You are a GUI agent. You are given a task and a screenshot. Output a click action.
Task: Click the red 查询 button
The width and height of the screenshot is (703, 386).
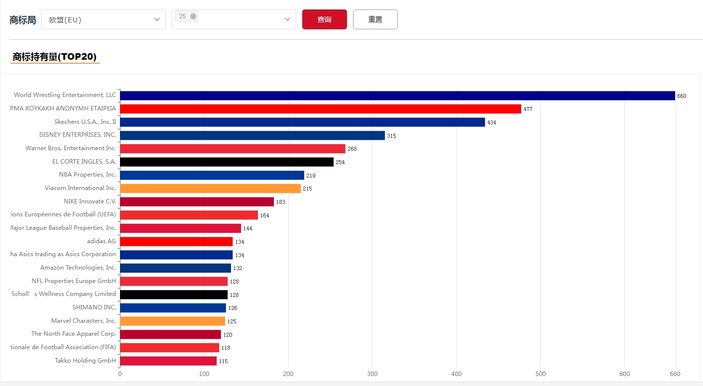click(324, 19)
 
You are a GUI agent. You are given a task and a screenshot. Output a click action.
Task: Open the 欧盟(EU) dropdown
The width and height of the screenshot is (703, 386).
click(103, 19)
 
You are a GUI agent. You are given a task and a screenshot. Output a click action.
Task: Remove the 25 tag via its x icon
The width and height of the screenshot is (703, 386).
click(193, 16)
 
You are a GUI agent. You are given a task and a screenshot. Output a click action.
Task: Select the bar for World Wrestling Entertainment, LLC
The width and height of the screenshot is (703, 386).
click(397, 96)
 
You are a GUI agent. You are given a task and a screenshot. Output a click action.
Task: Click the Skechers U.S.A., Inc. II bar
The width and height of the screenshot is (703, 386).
click(302, 122)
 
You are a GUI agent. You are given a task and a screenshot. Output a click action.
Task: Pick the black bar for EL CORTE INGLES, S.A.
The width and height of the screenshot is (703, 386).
click(227, 162)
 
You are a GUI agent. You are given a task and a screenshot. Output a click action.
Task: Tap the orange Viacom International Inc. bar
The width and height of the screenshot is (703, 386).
click(210, 189)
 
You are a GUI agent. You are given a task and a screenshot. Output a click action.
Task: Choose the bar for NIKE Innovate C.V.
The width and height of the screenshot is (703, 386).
click(197, 201)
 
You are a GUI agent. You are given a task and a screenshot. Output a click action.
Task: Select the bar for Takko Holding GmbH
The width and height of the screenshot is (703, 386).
click(168, 361)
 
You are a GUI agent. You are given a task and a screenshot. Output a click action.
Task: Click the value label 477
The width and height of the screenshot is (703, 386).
click(528, 109)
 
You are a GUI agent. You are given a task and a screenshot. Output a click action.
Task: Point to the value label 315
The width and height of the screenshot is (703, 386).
click(391, 136)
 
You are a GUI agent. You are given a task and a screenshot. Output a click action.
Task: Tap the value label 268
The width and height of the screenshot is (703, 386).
click(352, 149)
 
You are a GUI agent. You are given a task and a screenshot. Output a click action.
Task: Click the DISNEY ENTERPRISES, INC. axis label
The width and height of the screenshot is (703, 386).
click(78, 135)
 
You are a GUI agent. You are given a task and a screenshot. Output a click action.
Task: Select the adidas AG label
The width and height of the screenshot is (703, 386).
click(102, 241)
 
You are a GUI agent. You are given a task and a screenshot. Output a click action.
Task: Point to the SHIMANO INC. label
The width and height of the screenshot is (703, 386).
click(94, 307)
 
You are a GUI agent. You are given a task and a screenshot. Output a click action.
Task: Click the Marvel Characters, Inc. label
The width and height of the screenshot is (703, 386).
click(84, 321)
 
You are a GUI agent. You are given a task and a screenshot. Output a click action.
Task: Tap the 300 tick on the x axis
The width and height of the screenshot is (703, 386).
click(372, 374)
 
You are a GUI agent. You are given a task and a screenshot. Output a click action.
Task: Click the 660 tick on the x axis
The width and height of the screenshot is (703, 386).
click(675, 374)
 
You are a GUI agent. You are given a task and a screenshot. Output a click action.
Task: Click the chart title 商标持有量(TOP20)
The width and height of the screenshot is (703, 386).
click(55, 57)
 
